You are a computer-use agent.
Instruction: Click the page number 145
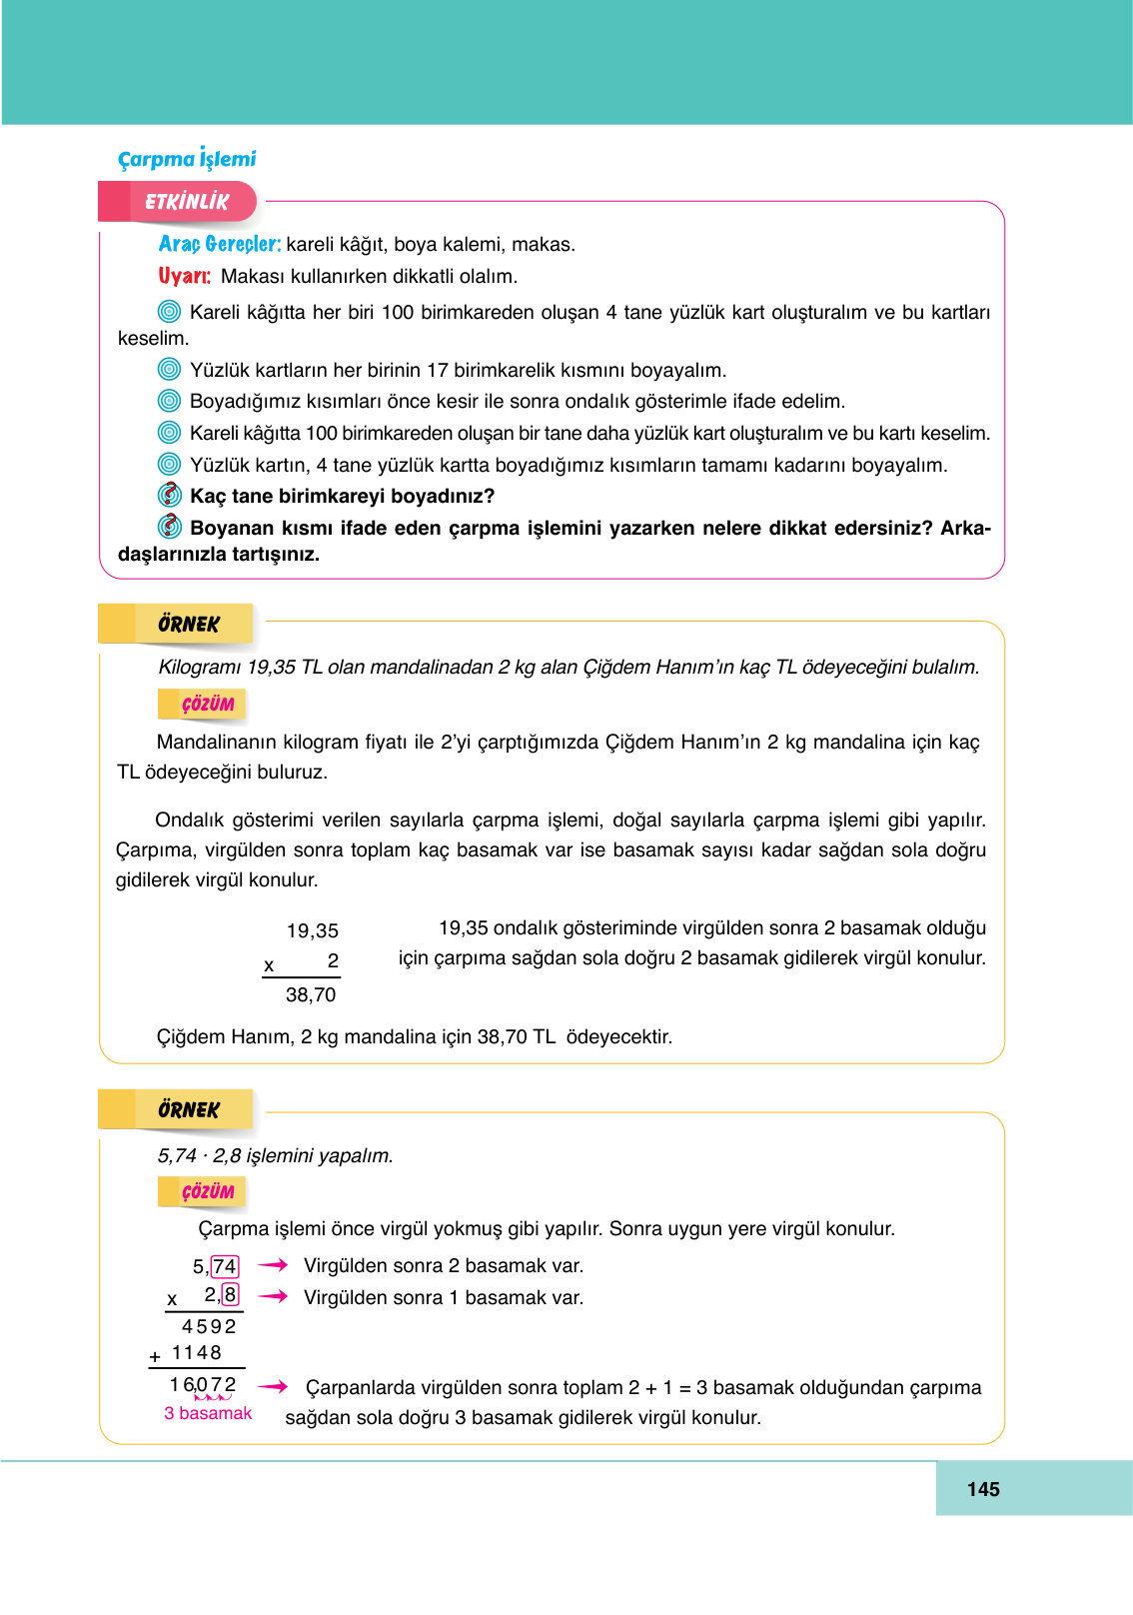tap(983, 1489)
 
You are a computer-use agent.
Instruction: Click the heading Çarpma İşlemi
tap(187, 159)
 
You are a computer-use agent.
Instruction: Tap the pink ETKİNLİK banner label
tap(187, 201)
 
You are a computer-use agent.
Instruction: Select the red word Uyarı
tap(184, 276)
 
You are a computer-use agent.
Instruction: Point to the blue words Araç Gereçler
tap(220, 244)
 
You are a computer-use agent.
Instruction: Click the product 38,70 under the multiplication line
tap(311, 994)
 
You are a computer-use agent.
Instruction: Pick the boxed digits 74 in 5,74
tap(225, 1266)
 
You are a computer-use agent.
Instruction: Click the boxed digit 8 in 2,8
tap(231, 1295)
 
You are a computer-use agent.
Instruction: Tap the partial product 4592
tap(209, 1326)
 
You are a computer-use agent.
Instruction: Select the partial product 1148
tap(196, 1352)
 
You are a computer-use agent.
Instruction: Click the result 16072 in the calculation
tap(203, 1385)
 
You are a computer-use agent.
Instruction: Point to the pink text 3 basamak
tap(208, 1413)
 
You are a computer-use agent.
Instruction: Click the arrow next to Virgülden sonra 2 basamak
tap(273, 1265)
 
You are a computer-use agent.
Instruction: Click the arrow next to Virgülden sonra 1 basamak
tap(273, 1296)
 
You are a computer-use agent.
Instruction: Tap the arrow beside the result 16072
tap(273, 1386)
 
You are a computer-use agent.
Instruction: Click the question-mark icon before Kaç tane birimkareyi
tap(170, 495)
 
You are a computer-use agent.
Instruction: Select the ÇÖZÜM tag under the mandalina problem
tap(207, 705)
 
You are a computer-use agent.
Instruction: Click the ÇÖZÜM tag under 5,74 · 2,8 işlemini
tap(207, 1191)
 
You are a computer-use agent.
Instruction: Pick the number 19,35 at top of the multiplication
tap(313, 930)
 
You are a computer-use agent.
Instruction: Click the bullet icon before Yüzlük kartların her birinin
tap(170, 370)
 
